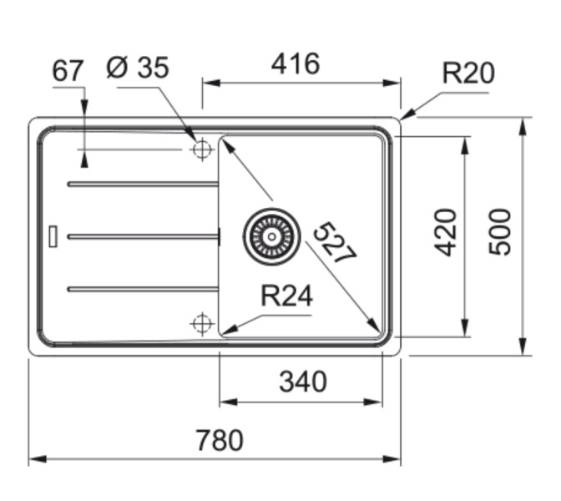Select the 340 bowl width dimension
[302, 382]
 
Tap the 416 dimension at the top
[296, 63]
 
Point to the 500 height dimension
[498, 232]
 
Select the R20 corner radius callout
[467, 73]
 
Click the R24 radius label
[286, 296]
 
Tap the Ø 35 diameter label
[138, 68]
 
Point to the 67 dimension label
[68, 72]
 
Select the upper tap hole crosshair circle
[201, 149]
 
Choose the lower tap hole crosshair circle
[201, 323]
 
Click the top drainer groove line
[142, 184]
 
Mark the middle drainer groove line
[142, 237]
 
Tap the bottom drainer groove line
[142, 290]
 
